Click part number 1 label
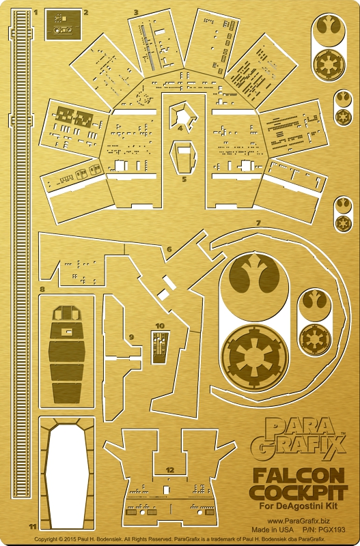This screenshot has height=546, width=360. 36,12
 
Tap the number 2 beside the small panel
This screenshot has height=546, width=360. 85,12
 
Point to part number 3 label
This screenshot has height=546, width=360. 136,12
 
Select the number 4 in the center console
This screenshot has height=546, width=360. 180,128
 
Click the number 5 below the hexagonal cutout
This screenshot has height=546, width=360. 184,179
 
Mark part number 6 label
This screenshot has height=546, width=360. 169,249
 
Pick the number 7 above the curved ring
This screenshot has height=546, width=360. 258,222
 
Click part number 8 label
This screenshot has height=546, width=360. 42,289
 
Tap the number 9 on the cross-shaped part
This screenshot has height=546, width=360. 131,336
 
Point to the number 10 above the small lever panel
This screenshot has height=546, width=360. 160,326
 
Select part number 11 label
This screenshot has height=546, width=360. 33,527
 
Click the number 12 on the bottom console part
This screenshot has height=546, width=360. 169,470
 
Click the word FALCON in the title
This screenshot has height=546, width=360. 299,476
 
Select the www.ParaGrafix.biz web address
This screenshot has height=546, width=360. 299,521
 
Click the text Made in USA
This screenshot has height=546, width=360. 273,530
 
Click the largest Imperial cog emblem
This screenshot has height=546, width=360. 255,358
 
